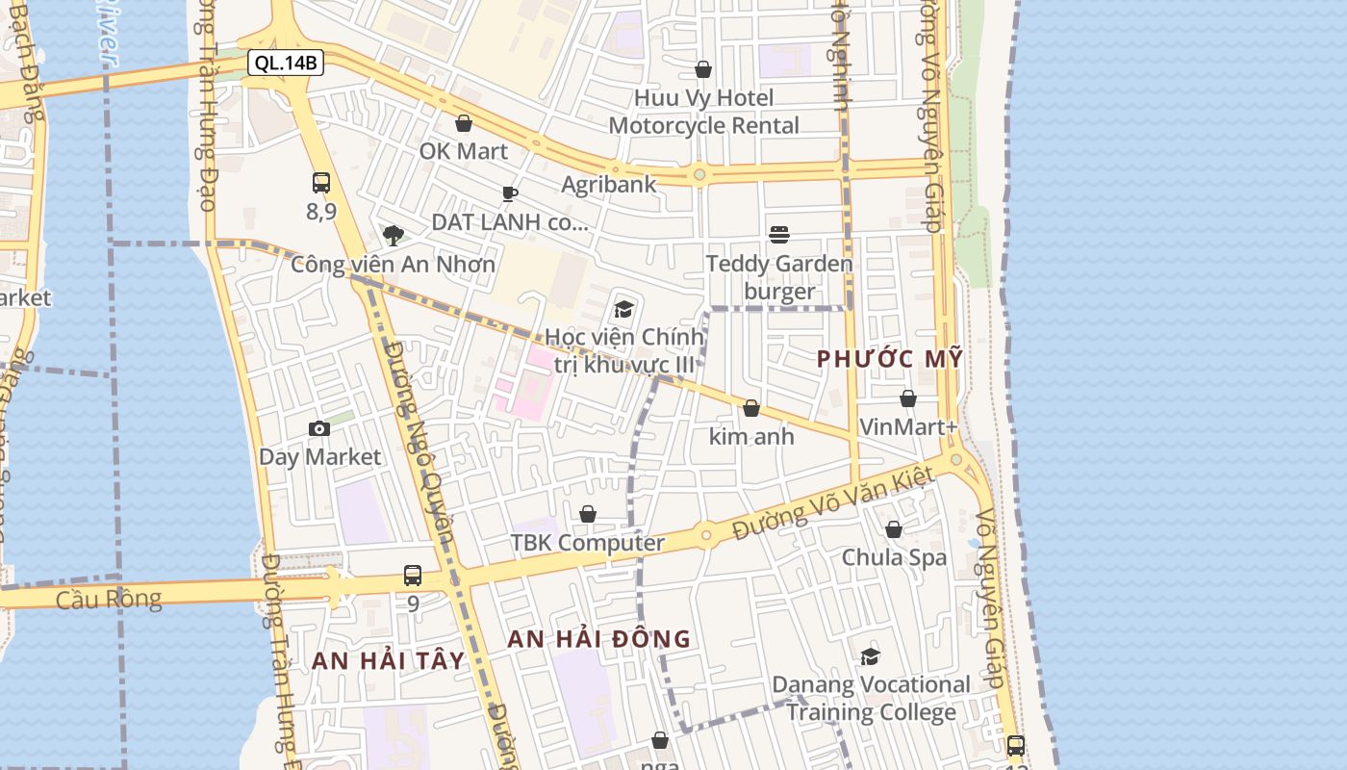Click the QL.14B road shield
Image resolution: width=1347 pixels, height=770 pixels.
(x=286, y=64)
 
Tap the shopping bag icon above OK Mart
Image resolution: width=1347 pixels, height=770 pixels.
(x=464, y=123)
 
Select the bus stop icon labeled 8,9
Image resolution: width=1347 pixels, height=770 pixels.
(x=321, y=183)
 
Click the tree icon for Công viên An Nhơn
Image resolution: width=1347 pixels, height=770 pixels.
(x=393, y=236)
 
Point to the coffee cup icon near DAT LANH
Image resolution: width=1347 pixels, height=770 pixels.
(x=510, y=193)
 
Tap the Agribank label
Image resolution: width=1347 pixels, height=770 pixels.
(x=609, y=184)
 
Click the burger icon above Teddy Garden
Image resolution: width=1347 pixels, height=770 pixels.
(x=779, y=235)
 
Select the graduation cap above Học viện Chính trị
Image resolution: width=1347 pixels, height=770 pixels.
(x=623, y=310)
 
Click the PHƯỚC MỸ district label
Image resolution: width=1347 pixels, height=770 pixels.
(x=890, y=359)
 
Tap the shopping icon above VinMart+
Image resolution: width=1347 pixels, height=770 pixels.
(x=908, y=398)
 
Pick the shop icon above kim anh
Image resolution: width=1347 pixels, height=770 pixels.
(x=751, y=409)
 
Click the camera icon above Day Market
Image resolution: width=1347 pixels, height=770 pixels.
(x=319, y=428)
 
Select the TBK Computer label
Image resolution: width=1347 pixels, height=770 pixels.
(x=587, y=543)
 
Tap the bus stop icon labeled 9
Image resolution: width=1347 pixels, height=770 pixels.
(x=413, y=576)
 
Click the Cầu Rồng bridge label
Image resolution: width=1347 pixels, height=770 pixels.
(x=109, y=599)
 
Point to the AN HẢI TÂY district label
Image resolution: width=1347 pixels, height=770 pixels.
(x=388, y=661)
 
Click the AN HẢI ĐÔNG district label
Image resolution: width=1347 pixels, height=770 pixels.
(x=598, y=638)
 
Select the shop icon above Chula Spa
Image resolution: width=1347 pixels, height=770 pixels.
(x=894, y=529)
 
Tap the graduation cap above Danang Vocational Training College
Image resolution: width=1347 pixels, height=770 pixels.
(x=871, y=656)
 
